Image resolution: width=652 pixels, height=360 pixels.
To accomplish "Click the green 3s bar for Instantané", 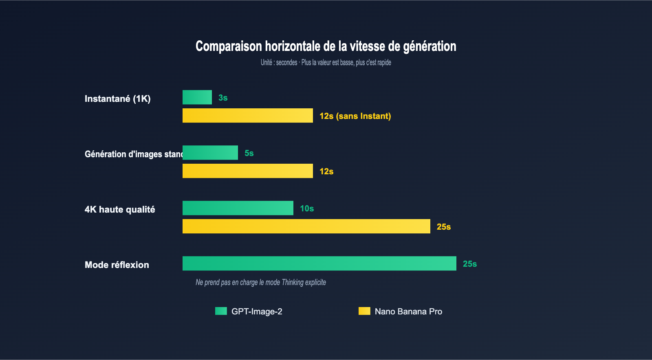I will tap(197, 97).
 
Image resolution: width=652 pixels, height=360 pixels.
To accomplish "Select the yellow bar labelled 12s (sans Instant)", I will tap(248, 116).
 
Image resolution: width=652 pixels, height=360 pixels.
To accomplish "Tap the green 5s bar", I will tap(210, 153).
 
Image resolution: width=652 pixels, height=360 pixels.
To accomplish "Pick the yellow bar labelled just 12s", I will tap(248, 171).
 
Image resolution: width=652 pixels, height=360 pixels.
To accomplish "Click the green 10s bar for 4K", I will tap(238, 208).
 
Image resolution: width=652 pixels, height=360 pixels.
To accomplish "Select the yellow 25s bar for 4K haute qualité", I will tap(306, 226).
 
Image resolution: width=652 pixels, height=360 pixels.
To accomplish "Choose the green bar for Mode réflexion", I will tap(319, 263).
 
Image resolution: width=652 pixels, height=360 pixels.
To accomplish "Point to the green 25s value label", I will tap(470, 264).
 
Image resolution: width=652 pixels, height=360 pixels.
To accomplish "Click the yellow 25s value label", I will tap(444, 227).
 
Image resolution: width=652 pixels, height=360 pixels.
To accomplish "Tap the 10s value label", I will tap(307, 209).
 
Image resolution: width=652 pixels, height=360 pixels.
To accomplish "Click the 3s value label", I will tap(223, 98).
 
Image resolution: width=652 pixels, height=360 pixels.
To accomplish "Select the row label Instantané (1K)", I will tap(118, 99).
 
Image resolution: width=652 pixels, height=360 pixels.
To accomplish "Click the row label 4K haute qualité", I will tap(120, 209).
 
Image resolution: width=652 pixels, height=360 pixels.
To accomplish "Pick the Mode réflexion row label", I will tap(117, 265).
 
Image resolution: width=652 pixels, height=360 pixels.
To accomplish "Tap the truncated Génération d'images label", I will tap(134, 154).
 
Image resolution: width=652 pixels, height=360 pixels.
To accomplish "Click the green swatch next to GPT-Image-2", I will tap(221, 311).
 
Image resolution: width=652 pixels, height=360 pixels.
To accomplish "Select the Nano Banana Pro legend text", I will tap(408, 312).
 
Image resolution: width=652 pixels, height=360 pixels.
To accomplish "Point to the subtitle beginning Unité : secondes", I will tap(326, 62).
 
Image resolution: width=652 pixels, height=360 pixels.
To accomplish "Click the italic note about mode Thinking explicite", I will tap(261, 282).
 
